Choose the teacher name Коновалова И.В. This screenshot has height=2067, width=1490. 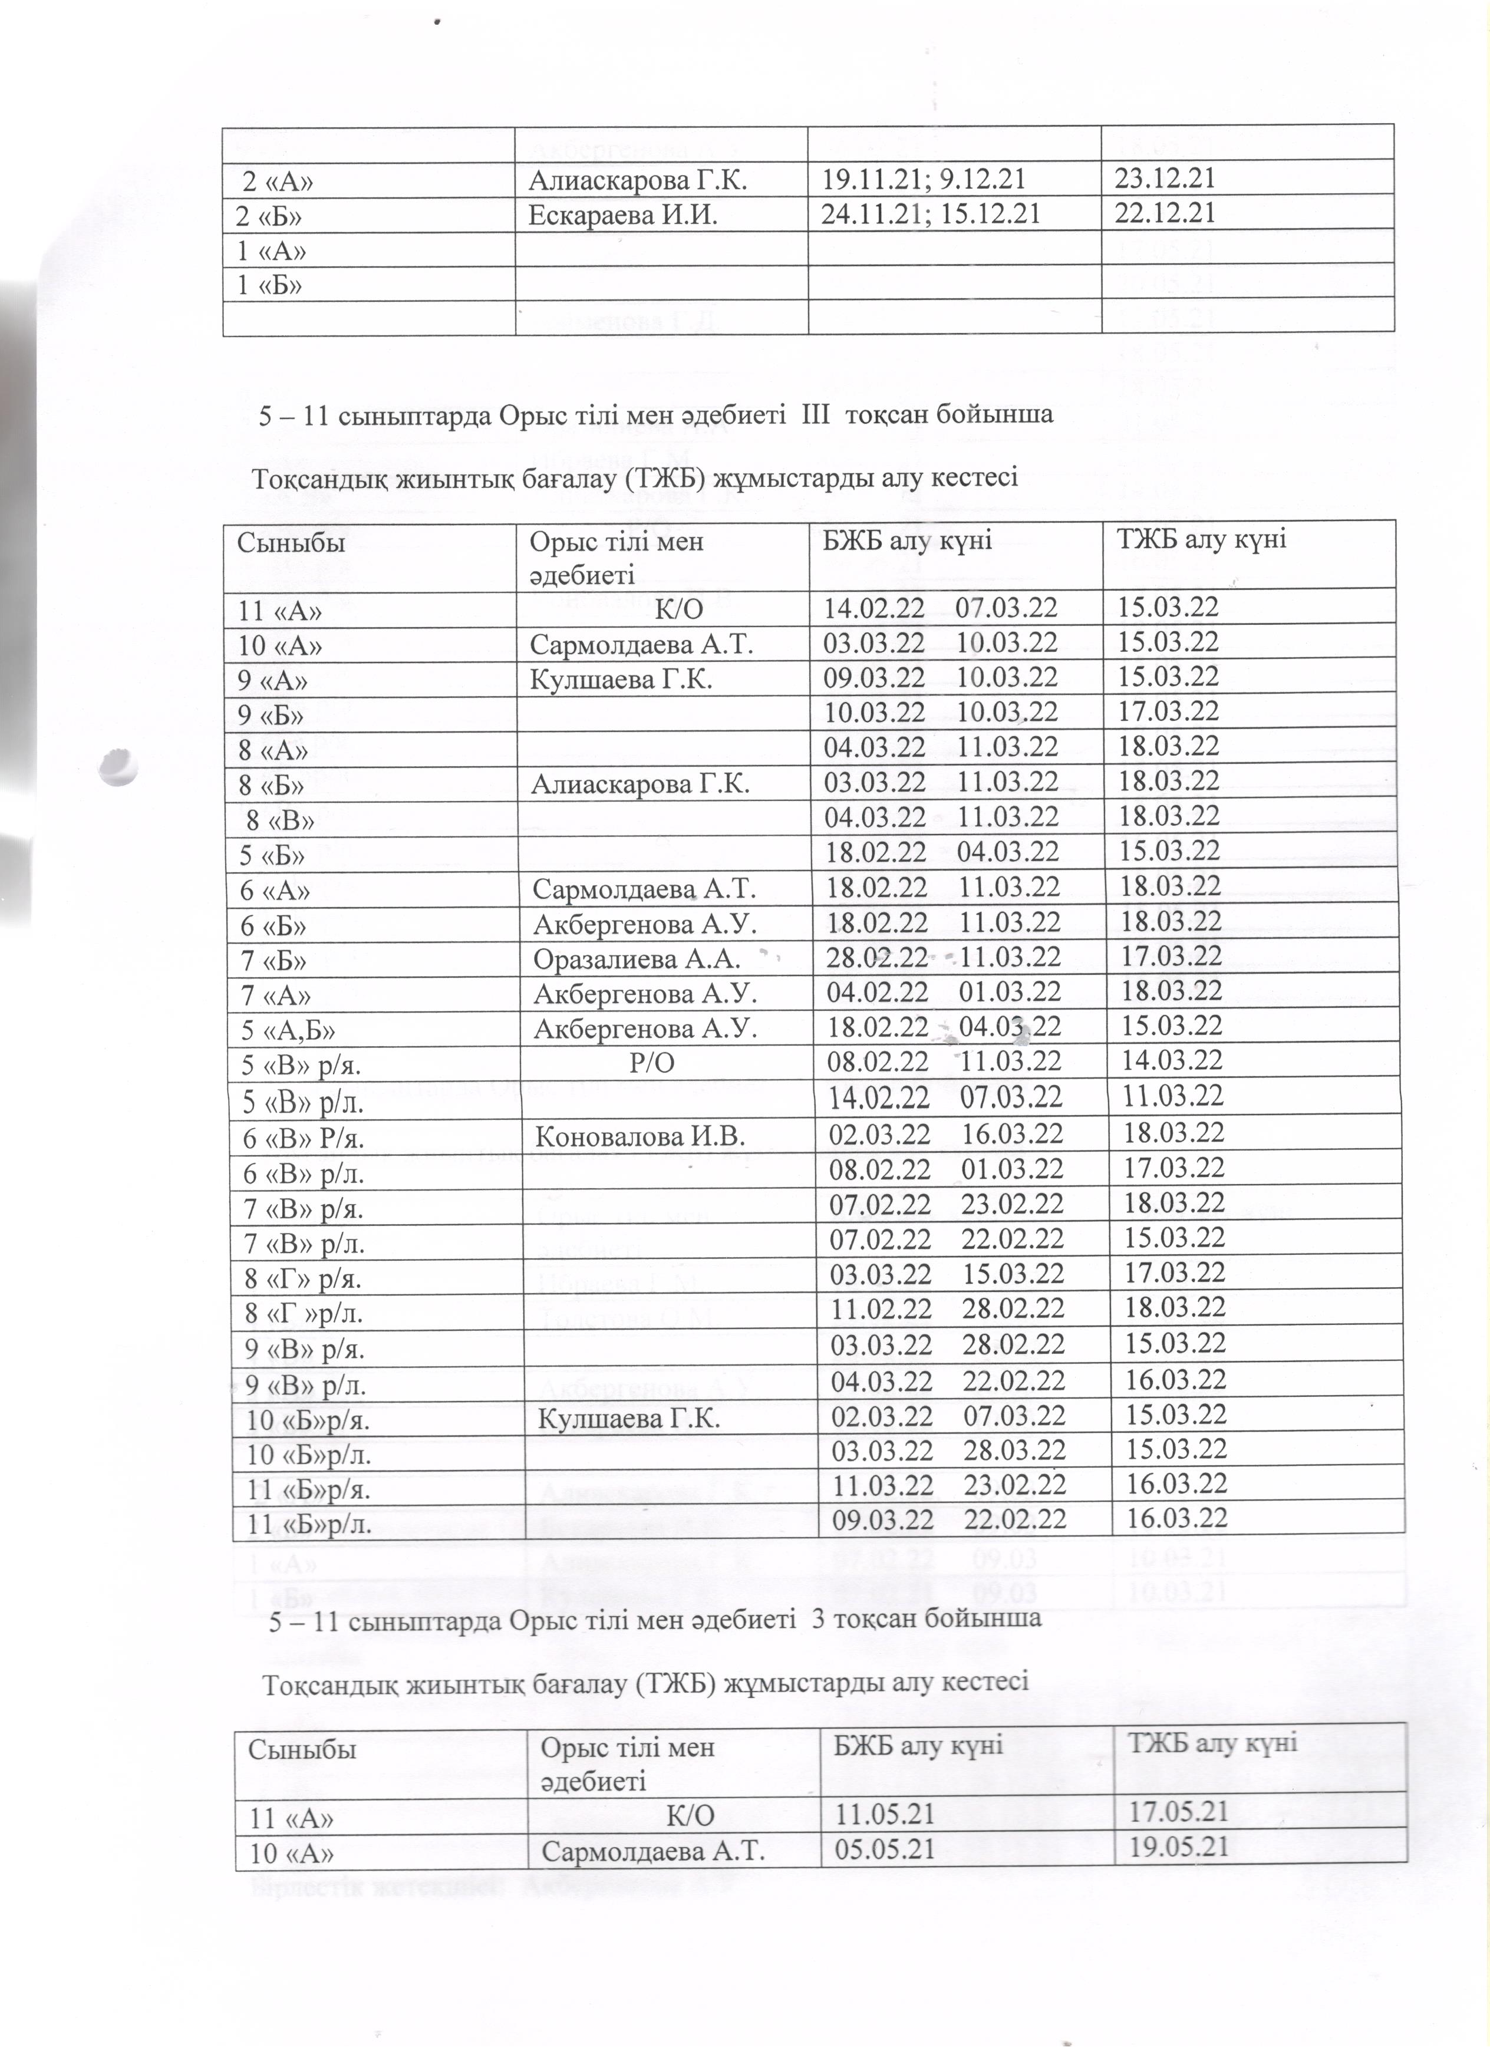(x=639, y=1136)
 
